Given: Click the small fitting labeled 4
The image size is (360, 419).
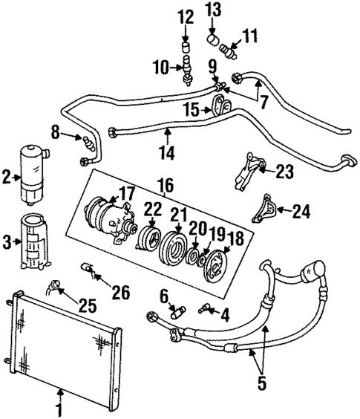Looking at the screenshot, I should (205, 310).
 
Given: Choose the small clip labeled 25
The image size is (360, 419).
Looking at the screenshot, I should (56, 285).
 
